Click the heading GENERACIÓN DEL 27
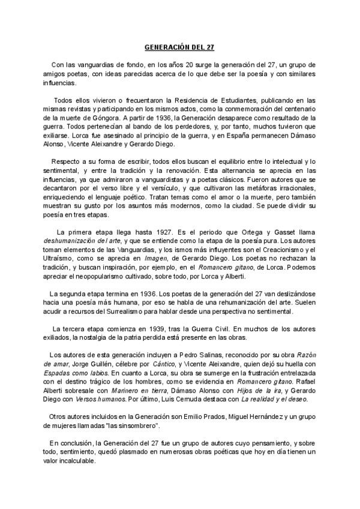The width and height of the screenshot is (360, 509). [x=180, y=46]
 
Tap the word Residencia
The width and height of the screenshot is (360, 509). [x=187, y=101]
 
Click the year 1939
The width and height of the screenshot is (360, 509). [x=144, y=329]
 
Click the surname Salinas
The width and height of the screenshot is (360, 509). [x=211, y=355]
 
